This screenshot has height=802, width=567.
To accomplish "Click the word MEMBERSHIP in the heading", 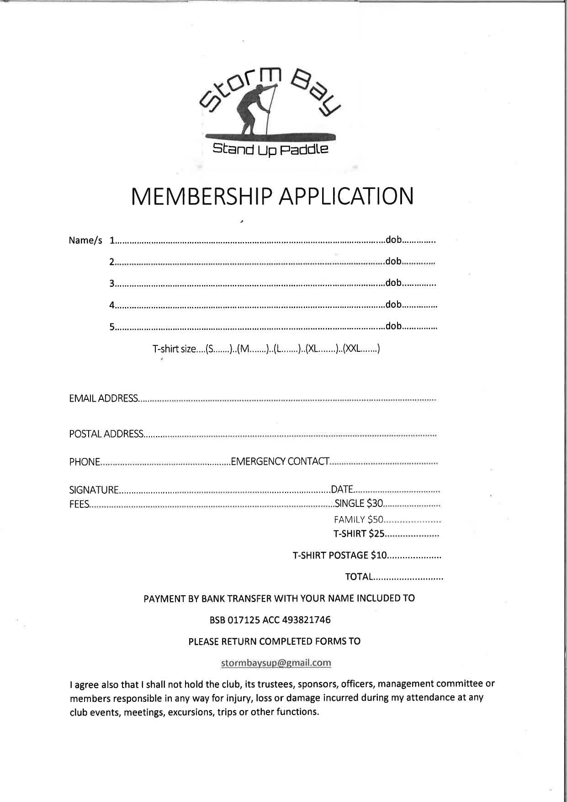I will click(x=201, y=196).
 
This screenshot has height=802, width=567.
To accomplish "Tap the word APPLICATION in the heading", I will click(x=346, y=196).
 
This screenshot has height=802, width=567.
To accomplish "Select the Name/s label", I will click(x=85, y=241).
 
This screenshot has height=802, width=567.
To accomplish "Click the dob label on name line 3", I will click(x=393, y=283).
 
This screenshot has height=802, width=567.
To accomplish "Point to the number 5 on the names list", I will click(x=111, y=327).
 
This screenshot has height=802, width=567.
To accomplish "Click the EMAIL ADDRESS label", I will click(x=103, y=398).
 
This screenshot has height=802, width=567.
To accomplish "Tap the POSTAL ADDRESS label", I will click(x=106, y=434).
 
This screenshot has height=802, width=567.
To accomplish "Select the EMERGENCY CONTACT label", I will click(x=280, y=461).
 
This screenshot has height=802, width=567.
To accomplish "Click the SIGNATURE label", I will click(x=94, y=490).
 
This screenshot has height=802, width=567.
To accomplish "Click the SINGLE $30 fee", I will click(x=359, y=504).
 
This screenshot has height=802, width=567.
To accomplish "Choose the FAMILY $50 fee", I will click(x=359, y=520).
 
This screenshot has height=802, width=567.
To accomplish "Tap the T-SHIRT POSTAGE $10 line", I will click(x=340, y=555).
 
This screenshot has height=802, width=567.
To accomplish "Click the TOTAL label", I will click(x=359, y=577).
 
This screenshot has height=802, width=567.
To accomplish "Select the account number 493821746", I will click(x=307, y=620).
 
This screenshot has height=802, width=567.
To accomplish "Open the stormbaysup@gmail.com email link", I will click(x=276, y=663).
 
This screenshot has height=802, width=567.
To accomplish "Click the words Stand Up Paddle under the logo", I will click(x=270, y=149).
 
